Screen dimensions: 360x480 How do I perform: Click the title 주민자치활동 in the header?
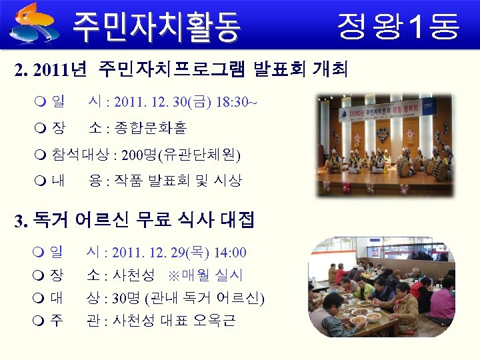(156, 26)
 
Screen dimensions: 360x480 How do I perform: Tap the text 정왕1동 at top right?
(398, 26)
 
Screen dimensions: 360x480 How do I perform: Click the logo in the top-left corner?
(35, 21)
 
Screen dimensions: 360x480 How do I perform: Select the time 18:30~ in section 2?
(235, 103)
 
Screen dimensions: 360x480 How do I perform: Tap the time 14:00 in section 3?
(231, 253)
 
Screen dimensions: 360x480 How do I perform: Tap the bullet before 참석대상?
(37, 156)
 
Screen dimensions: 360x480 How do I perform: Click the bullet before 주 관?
(37, 321)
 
